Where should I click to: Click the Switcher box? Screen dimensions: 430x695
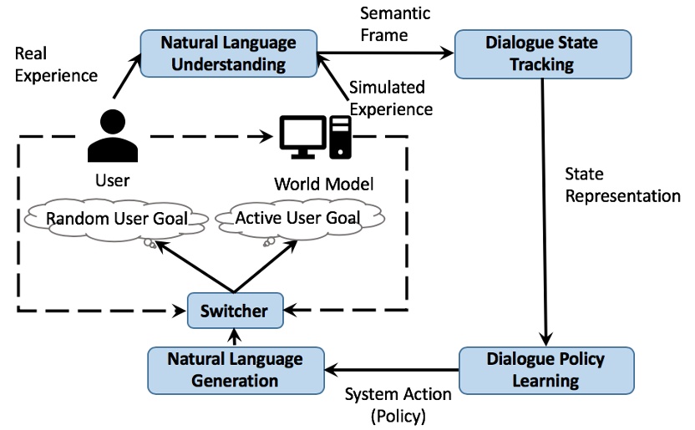tap(235, 311)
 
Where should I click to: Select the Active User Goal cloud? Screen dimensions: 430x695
tap(298, 219)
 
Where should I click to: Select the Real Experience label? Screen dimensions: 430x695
tap(56, 64)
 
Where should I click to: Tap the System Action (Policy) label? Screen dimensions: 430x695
tap(398, 403)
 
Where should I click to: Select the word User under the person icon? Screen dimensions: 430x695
tap(112, 180)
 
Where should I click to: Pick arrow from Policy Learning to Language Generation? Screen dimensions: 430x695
tap(393, 369)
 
